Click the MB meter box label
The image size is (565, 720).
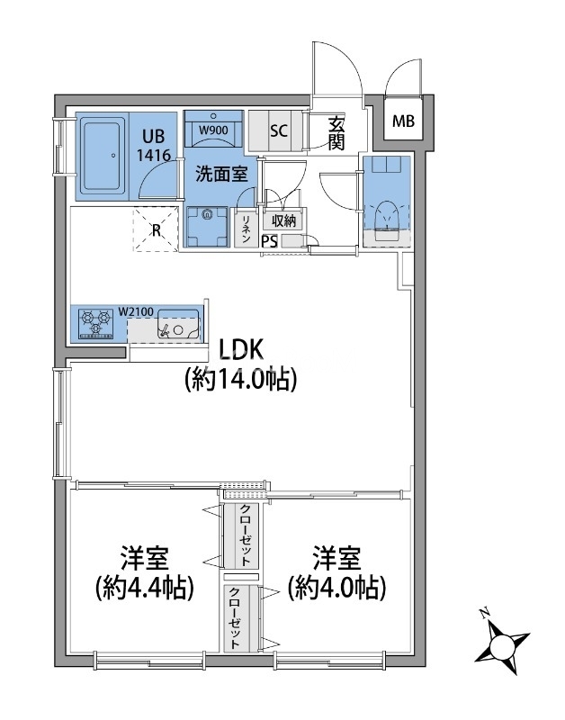(403, 121)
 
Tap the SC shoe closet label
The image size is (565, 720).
(279, 130)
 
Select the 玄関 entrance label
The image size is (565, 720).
(336, 134)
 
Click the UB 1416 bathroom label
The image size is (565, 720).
(153, 146)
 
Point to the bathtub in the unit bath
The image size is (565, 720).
(103, 156)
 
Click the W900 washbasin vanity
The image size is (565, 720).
(213, 129)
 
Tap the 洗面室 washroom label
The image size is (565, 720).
(221, 174)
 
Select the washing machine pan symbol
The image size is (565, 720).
(208, 227)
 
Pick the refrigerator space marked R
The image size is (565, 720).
(156, 229)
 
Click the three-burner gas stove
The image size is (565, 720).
(96, 324)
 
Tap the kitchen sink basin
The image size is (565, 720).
(178, 324)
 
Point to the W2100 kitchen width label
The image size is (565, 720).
(136, 310)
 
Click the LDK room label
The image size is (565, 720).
(240, 350)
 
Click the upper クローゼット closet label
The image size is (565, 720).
(246, 535)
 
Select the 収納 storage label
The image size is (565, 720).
(283, 220)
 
